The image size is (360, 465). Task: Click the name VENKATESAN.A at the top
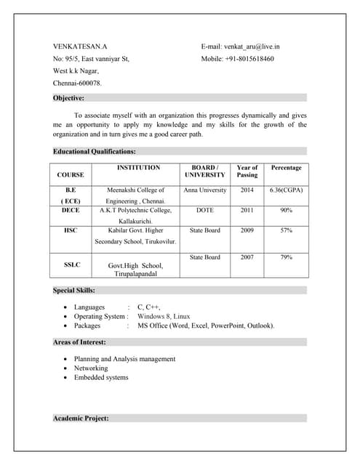[80, 46]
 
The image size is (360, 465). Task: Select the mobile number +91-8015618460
[238, 59]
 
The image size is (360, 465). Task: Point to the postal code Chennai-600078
[78, 84]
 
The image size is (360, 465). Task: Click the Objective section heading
[68, 97]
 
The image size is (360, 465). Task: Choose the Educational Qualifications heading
[94, 151]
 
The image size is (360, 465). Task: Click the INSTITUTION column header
[138, 168]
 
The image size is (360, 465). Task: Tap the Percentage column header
[286, 168]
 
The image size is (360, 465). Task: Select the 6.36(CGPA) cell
[286, 190]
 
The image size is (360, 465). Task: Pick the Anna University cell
[205, 190]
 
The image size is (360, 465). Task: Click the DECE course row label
[71, 210]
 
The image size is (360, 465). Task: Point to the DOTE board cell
[205, 210]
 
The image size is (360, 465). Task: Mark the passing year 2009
[247, 230]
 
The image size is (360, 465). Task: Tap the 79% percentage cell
[286, 257]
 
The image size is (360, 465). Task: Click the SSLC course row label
[71, 265]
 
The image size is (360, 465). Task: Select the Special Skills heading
[74, 290]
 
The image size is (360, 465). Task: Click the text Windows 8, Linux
[164, 317]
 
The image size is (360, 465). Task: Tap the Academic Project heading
[81, 418]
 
